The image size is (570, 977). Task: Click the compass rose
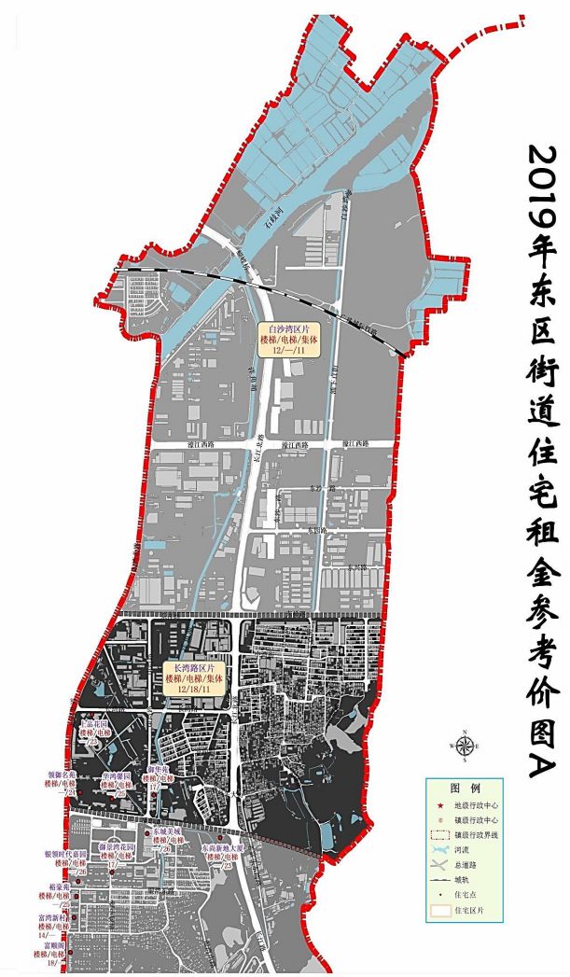464,745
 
